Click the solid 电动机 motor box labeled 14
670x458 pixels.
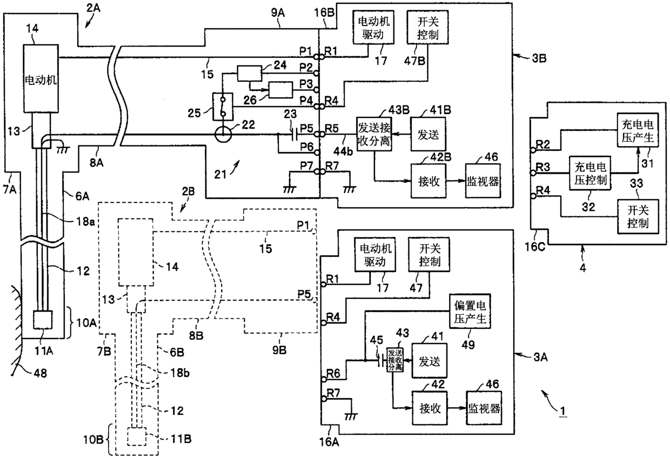[x=41, y=78]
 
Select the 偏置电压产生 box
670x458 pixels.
[x=470, y=311]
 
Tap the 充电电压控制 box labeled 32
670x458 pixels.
[x=590, y=172]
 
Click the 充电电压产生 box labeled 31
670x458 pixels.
[x=638, y=130]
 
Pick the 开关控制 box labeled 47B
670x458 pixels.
[x=428, y=28]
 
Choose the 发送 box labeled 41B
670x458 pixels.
[x=428, y=134]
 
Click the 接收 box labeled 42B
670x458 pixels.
[x=428, y=181]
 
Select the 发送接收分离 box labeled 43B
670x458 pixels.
[x=374, y=134]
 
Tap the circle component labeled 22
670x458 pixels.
[x=223, y=135]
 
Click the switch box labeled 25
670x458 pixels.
[x=223, y=107]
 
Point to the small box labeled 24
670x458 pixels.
[x=250, y=74]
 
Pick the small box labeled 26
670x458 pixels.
[x=280, y=90]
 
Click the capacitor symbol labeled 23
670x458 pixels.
[x=294, y=135]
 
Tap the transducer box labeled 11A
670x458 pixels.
[x=43, y=320]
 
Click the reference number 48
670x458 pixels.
[x=41, y=373]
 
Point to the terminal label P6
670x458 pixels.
[x=307, y=147]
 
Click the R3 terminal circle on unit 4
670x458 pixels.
[x=533, y=172]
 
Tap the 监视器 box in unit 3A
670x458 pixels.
[x=484, y=408]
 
